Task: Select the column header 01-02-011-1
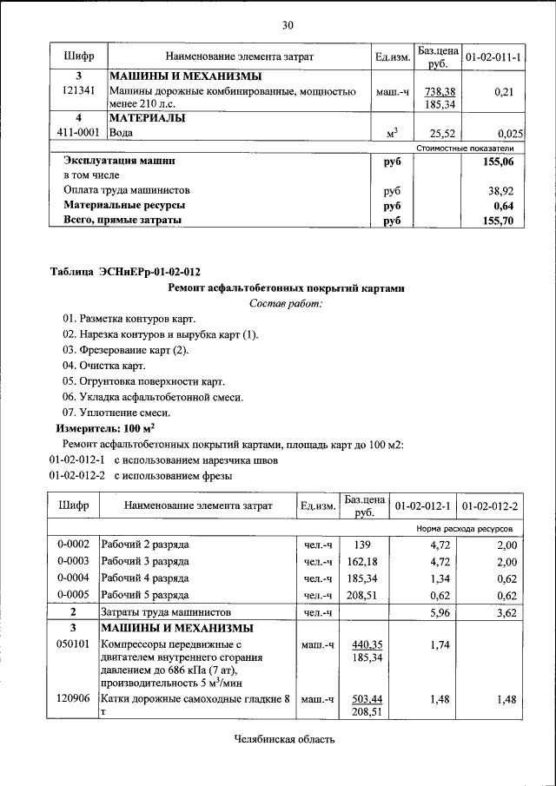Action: coord(493,57)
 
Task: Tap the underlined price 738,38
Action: coord(440,91)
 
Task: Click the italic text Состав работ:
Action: coord(286,303)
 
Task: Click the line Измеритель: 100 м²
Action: coord(105,429)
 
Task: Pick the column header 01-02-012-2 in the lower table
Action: coord(491,505)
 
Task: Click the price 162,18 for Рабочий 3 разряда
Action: coord(364,562)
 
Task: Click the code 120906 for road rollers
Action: coord(74,698)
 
